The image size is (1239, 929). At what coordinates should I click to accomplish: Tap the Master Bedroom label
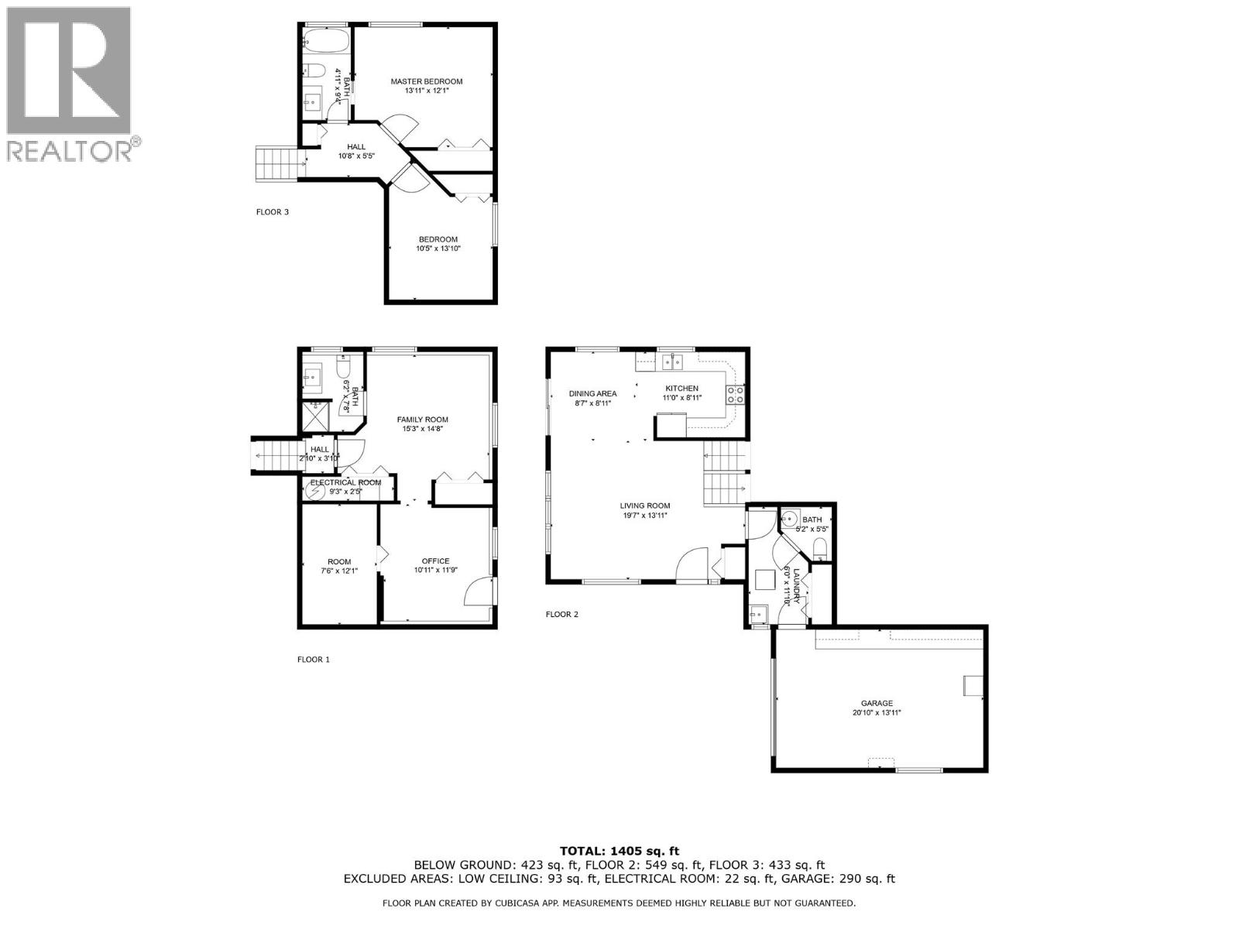tap(426, 81)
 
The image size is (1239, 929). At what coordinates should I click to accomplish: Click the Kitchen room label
tap(681, 389)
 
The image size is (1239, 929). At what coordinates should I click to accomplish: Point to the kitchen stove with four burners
tap(735, 395)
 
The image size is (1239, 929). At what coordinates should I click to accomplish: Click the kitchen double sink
tap(671, 361)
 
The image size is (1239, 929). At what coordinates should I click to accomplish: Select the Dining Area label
tap(592, 393)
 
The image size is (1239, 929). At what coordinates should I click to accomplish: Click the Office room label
tap(435, 561)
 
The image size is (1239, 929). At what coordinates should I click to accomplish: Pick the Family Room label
tap(423, 420)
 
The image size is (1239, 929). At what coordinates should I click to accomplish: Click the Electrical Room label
tap(345, 482)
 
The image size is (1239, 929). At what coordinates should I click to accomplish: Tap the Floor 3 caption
tap(273, 211)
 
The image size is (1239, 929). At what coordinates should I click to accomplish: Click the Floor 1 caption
tap(314, 660)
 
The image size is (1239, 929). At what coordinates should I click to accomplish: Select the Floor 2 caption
tap(562, 615)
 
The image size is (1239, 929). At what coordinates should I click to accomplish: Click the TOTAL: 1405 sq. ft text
tap(619, 851)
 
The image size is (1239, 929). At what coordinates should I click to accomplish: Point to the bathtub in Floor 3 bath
tap(326, 39)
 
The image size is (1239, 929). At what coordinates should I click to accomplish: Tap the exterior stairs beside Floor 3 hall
tap(277, 163)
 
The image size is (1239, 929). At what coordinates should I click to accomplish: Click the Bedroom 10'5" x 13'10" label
tap(438, 244)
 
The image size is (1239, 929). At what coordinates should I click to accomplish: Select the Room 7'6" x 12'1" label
tap(339, 566)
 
